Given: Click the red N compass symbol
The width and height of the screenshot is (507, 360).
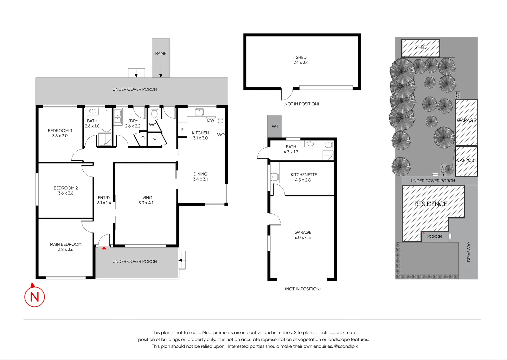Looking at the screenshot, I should [x=34, y=296].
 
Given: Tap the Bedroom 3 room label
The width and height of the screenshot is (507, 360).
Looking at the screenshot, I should [x=60, y=133].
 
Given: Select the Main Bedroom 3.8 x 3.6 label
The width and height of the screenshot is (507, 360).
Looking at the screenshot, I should [x=66, y=247].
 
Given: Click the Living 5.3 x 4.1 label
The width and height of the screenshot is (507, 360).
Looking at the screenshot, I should [x=146, y=200].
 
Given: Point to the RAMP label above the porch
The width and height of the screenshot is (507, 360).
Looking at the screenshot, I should [x=161, y=53].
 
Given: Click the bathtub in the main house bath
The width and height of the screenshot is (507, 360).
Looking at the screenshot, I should [x=106, y=120].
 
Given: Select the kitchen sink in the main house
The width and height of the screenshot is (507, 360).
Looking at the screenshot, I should [x=199, y=112].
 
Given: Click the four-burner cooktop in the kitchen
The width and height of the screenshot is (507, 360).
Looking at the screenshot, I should [x=221, y=122].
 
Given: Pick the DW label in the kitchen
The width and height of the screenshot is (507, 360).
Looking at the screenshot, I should [x=211, y=120].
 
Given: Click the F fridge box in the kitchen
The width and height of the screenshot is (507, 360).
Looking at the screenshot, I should [x=182, y=130].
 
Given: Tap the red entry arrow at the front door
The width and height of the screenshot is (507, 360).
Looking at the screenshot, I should [x=104, y=248].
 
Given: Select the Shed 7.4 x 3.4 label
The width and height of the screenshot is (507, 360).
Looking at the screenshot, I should [x=301, y=60].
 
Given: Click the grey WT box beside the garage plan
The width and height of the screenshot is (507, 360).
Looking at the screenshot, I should [x=275, y=126].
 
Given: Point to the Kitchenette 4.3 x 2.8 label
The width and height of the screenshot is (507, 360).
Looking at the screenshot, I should [x=303, y=177].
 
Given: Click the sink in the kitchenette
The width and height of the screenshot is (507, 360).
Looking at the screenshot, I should [x=275, y=177].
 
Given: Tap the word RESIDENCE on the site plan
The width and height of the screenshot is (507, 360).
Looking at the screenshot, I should [x=431, y=204].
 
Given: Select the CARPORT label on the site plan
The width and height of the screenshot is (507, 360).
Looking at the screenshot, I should [x=466, y=160].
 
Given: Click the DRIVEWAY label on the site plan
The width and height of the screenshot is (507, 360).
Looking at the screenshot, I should [x=469, y=252].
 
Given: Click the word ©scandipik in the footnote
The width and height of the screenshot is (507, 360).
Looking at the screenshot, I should [x=346, y=346].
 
